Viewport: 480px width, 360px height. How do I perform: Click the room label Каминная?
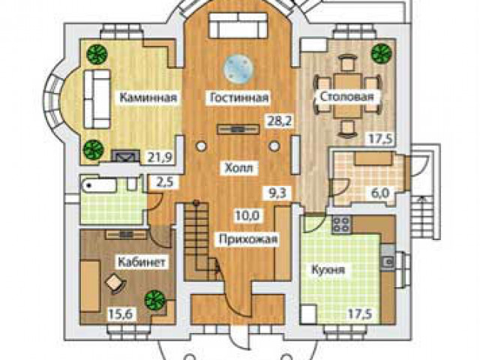[x=148, y=97]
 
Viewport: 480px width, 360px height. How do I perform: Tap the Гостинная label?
[x=239, y=97]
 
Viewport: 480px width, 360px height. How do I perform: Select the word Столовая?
[x=346, y=97]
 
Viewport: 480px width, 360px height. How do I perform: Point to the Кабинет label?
[x=142, y=262]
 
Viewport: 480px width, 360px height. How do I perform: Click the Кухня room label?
[x=328, y=270]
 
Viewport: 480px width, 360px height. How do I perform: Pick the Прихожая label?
[x=248, y=238]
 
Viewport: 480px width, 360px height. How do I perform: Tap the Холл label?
[x=239, y=168]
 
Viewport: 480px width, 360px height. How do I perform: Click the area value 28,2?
[x=280, y=121]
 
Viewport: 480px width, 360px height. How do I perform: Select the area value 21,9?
[x=160, y=157]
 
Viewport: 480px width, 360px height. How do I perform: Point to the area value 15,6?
[x=120, y=314]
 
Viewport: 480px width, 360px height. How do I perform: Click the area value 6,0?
[x=381, y=193]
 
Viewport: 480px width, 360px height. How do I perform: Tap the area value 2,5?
[x=165, y=182]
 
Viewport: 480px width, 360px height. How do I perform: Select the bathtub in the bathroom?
[x=99, y=185]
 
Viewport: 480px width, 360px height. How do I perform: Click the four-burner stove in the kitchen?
[x=342, y=224]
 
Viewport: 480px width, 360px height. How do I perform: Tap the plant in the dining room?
[x=382, y=53]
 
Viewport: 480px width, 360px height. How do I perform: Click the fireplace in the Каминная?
[x=125, y=156]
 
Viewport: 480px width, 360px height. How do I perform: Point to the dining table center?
[x=346, y=95]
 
